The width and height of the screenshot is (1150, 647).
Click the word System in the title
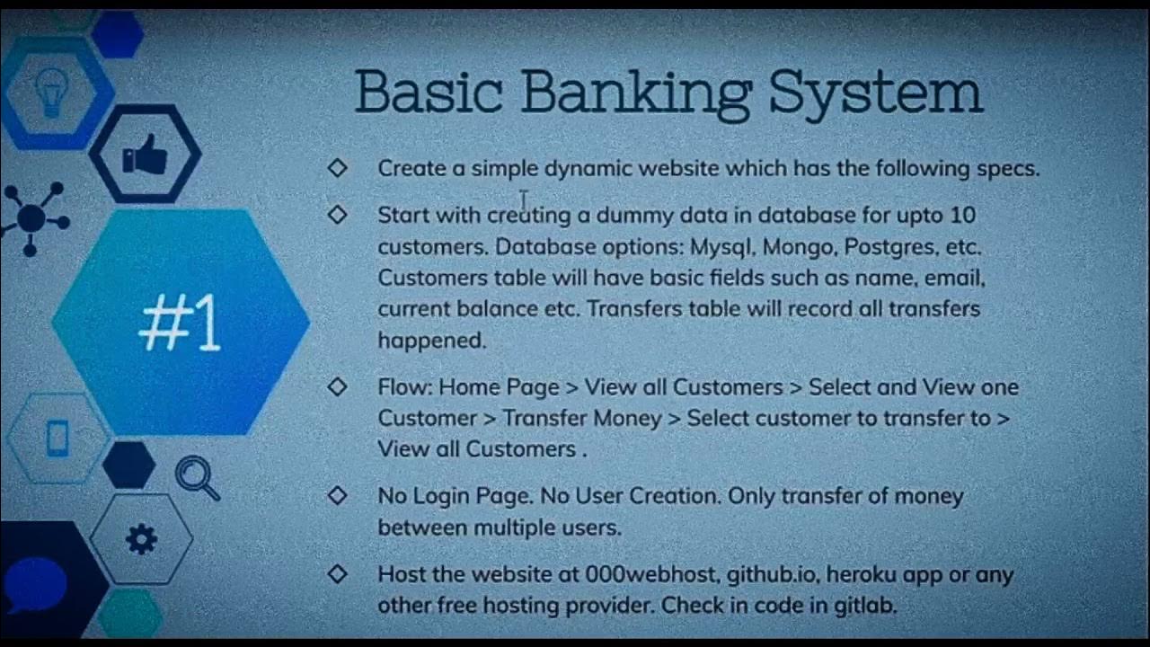click(876, 93)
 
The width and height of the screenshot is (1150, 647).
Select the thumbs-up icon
click(146, 155)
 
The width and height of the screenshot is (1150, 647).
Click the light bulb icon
click(52, 92)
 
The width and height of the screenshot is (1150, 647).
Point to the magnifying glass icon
click(198, 478)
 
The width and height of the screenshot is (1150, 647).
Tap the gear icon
click(141, 539)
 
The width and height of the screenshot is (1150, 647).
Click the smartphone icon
click(57, 439)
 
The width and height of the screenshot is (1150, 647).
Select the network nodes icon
click(33, 218)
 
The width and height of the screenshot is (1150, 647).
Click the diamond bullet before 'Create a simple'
click(338, 168)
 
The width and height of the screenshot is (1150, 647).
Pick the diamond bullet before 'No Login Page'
click(338, 496)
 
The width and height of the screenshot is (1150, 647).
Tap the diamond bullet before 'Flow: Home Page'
click(338, 386)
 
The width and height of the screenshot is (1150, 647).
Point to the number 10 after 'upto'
click(961, 215)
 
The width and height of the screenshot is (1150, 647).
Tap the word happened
click(431, 341)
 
